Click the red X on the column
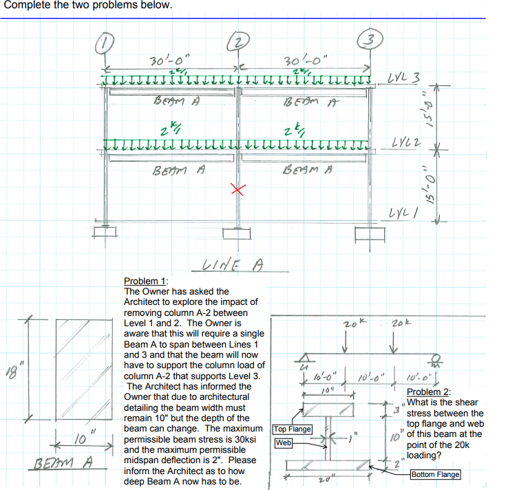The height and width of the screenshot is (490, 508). [x=238, y=191]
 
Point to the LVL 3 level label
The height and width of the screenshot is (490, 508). [x=405, y=76]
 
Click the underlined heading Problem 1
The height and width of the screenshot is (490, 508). [x=145, y=281]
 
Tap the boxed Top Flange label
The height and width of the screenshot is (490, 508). [x=293, y=429]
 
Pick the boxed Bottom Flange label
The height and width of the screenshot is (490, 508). [x=435, y=475]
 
